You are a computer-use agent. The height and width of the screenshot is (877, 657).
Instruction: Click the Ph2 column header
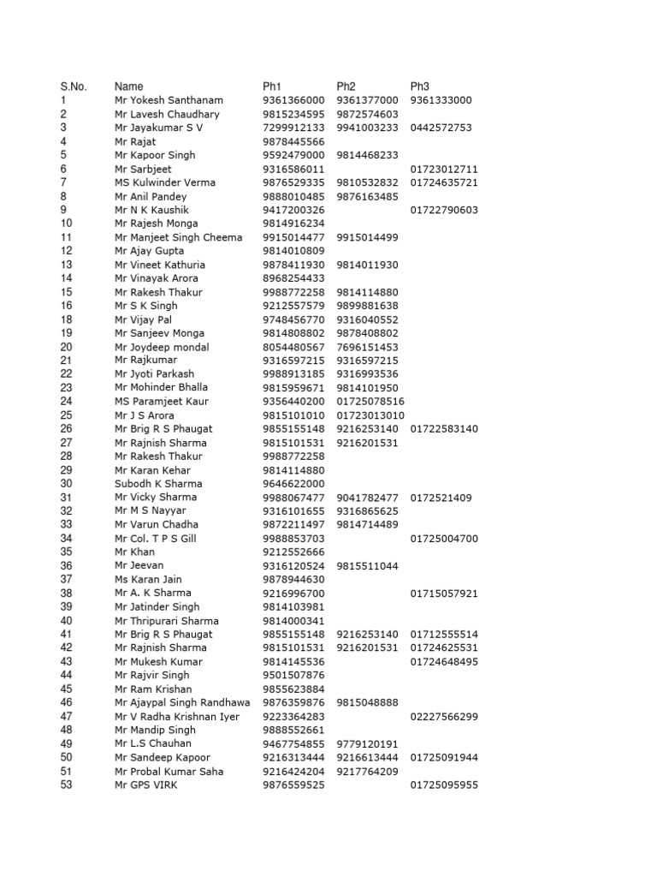(x=346, y=87)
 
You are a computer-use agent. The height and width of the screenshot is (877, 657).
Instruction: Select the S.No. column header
(x=74, y=87)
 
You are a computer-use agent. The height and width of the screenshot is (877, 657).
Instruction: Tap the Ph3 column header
(x=419, y=87)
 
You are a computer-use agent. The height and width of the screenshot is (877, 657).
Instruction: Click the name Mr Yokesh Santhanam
(x=169, y=100)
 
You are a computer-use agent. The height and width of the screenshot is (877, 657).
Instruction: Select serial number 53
(x=67, y=785)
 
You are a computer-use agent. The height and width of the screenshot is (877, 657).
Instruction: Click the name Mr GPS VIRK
(x=146, y=785)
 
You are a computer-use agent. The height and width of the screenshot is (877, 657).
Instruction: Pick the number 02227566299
(x=444, y=716)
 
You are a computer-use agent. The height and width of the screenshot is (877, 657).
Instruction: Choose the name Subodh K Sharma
(x=158, y=484)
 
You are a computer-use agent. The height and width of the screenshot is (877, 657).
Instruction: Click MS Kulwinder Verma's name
(x=165, y=182)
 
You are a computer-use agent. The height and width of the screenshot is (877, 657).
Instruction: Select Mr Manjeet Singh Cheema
(x=178, y=237)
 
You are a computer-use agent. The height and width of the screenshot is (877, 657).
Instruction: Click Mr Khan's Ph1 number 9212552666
(x=293, y=552)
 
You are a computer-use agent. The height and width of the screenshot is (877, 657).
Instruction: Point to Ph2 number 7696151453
(x=368, y=347)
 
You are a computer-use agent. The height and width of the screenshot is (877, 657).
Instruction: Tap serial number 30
(x=67, y=484)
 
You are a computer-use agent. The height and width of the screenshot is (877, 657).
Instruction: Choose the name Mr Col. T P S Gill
(x=156, y=538)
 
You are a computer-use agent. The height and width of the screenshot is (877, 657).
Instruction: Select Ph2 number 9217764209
(x=368, y=771)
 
